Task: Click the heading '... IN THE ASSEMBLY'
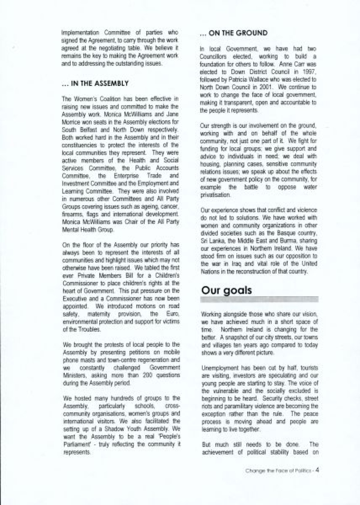coord(95,83)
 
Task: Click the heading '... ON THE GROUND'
coord(233,33)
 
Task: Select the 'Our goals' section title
coord(226,290)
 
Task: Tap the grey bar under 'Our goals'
coord(259,299)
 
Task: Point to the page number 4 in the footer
coord(317,470)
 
